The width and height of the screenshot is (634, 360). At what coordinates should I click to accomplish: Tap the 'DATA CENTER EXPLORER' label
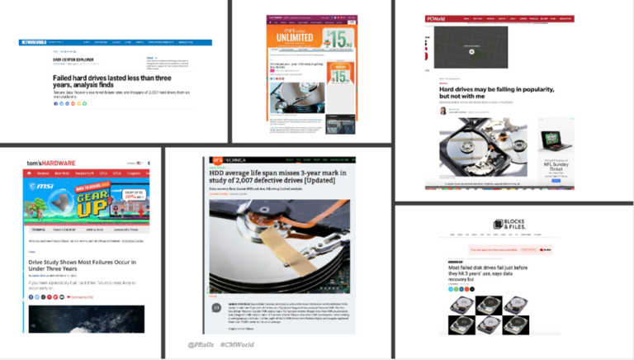point(72,59)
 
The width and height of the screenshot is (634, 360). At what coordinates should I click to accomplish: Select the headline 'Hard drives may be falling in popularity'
point(495,92)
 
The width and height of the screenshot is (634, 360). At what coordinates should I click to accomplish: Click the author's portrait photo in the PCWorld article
point(442,111)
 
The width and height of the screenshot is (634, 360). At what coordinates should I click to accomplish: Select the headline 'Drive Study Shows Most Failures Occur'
point(82,267)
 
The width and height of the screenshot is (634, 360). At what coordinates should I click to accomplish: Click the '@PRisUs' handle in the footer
point(201,343)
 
